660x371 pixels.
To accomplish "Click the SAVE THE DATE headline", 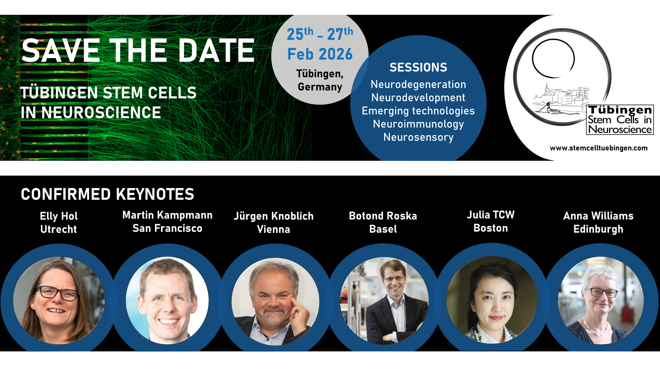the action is click(138, 50).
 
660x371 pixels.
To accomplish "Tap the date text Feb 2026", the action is click(320, 54).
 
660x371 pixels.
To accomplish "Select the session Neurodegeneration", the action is click(418, 84).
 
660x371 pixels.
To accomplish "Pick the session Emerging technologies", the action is click(418, 111).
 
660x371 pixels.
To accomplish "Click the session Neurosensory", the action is click(418, 137).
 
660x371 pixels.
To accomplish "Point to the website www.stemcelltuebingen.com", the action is click(599, 148).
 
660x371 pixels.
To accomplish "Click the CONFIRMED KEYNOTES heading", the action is click(108, 194).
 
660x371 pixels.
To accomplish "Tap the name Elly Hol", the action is click(59, 216).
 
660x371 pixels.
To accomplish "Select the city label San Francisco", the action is click(167, 228).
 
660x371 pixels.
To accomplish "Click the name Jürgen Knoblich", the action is click(274, 216).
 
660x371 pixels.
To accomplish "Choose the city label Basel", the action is click(383, 229).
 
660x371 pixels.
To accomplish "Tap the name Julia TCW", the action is click(491, 215).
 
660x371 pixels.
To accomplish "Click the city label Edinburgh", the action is click(598, 229).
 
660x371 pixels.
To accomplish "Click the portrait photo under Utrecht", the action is click(59, 300).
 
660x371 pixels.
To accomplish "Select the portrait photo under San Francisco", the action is click(167, 300).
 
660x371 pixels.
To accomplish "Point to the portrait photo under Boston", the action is click(492, 300).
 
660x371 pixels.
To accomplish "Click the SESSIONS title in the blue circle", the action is click(418, 67).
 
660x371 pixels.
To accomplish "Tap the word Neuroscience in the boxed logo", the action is click(620, 130).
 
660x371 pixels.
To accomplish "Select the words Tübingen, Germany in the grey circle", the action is click(320, 80).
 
